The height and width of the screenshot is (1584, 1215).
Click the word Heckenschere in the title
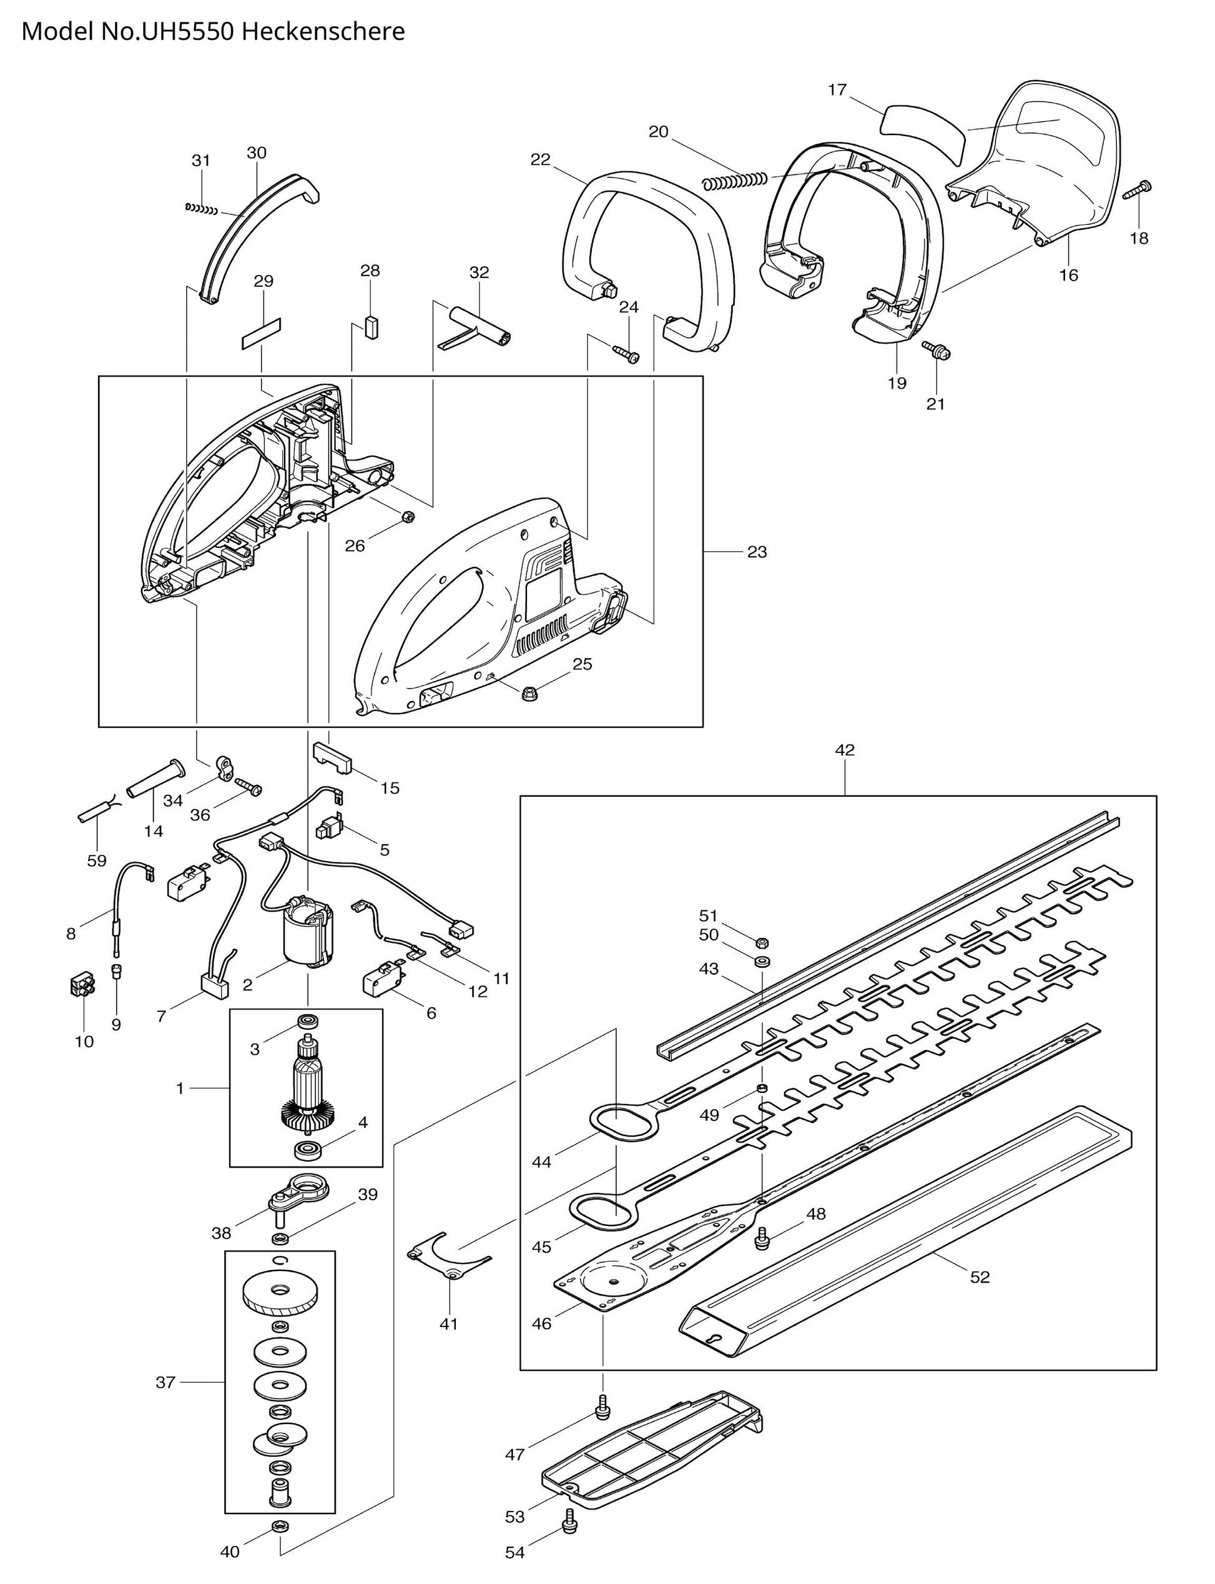pos(323,32)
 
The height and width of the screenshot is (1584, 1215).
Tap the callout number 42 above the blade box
pos(844,750)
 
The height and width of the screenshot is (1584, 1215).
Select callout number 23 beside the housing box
pos(757,552)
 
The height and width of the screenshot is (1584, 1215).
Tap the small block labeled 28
pos(371,326)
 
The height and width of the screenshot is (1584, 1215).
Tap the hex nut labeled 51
pos(761,943)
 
